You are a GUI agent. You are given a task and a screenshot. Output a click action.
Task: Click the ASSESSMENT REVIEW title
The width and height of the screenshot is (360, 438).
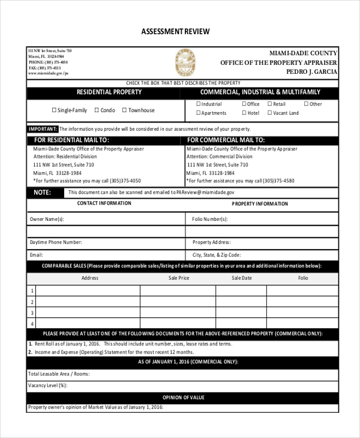[x=175, y=31]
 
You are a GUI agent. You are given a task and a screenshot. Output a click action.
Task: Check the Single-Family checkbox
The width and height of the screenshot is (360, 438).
[x=54, y=110]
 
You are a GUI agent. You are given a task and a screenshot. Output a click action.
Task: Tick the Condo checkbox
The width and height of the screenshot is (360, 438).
[x=96, y=110]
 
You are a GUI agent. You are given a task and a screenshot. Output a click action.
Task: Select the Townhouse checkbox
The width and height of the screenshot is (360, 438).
[x=124, y=110]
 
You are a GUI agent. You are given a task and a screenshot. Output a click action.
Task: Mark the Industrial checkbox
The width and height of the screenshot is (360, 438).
[x=197, y=104]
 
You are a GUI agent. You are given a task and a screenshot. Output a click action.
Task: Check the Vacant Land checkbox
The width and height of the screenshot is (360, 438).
[x=269, y=113]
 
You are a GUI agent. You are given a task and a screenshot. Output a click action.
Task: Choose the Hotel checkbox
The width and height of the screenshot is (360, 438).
[x=244, y=113]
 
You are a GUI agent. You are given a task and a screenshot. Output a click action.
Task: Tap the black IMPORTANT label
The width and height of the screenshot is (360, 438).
[x=43, y=129]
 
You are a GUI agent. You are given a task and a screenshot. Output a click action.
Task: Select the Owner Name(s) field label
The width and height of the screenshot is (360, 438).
[x=47, y=220]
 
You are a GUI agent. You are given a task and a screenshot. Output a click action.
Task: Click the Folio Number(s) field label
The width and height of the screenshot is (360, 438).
[x=209, y=220]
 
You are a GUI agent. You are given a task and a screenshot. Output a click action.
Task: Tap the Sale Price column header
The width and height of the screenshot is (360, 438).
[x=179, y=278]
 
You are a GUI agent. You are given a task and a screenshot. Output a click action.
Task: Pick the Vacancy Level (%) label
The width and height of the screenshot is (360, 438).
[x=49, y=385]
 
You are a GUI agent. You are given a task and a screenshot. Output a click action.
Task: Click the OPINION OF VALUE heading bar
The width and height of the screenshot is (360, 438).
[x=184, y=397]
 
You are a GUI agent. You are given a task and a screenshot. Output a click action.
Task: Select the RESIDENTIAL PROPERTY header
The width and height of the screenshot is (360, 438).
[x=109, y=92]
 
